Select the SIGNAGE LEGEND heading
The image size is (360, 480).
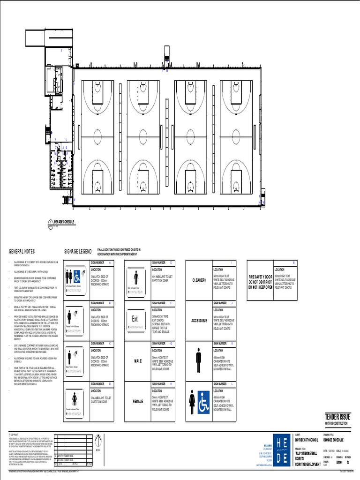(x=78, y=252)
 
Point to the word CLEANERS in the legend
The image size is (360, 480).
(x=198, y=280)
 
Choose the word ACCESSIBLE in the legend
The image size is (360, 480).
(x=199, y=321)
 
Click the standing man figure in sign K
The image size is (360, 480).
(x=198, y=360)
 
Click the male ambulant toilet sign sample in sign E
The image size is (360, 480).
(x=136, y=280)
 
